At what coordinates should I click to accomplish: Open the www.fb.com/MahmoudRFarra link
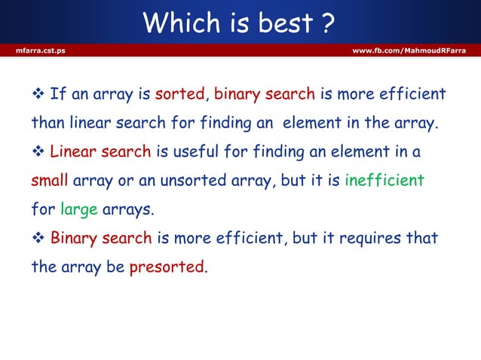point(409,50)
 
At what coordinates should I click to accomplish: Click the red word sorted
point(179,95)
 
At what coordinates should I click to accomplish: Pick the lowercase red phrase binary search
point(265,95)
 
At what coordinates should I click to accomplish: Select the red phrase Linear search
point(100,152)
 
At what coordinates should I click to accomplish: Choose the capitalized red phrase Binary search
point(101,239)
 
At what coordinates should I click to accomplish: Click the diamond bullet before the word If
point(38,95)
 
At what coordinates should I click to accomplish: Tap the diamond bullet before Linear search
point(38,152)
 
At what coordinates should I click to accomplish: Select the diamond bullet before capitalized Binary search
point(38,239)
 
